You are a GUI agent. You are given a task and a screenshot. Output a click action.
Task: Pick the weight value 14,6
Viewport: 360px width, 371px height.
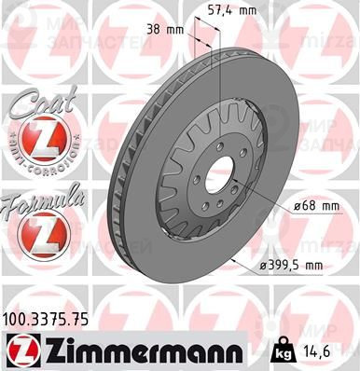tap(334, 353)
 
